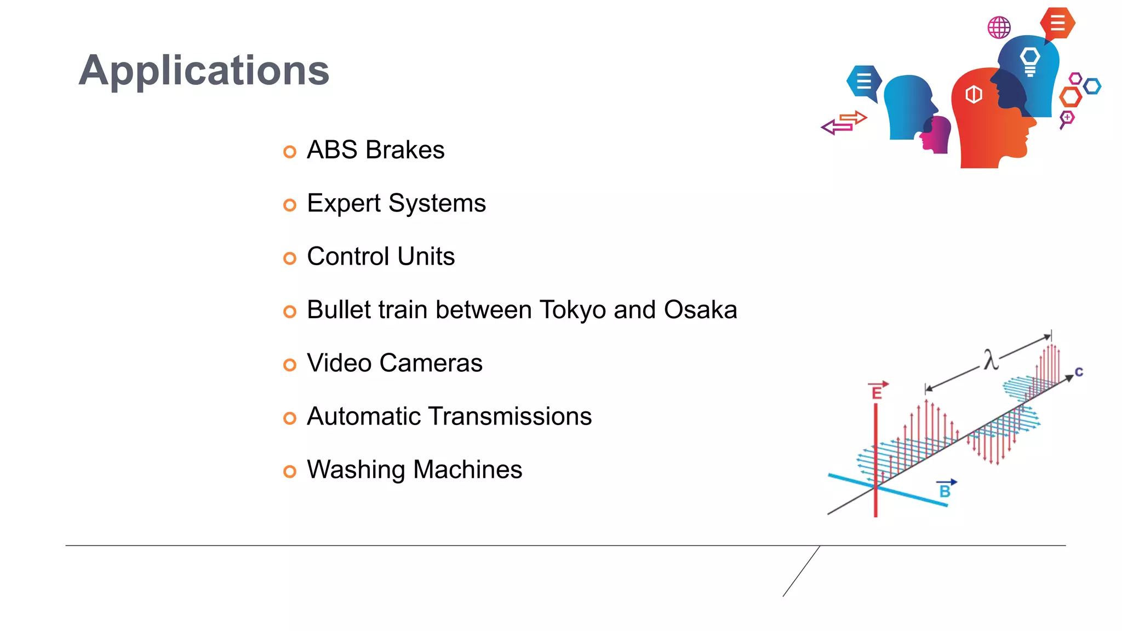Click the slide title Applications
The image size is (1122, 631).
(x=204, y=71)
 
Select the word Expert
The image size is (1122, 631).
(x=344, y=204)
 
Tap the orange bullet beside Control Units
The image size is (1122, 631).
(x=290, y=258)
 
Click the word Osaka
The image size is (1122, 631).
(x=700, y=310)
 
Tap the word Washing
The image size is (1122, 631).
(x=356, y=470)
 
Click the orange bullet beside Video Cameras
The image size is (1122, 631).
(x=290, y=365)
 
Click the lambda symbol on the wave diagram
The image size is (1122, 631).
(x=991, y=360)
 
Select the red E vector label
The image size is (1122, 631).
(x=877, y=391)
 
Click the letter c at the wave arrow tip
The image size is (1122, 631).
(x=1079, y=372)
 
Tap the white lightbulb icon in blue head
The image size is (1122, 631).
(x=1030, y=61)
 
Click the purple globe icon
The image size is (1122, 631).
(x=999, y=27)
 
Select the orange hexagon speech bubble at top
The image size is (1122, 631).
(x=1057, y=24)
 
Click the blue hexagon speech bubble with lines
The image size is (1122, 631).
(x=864, y=82)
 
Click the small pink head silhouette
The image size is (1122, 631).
(x=937, y=134)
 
